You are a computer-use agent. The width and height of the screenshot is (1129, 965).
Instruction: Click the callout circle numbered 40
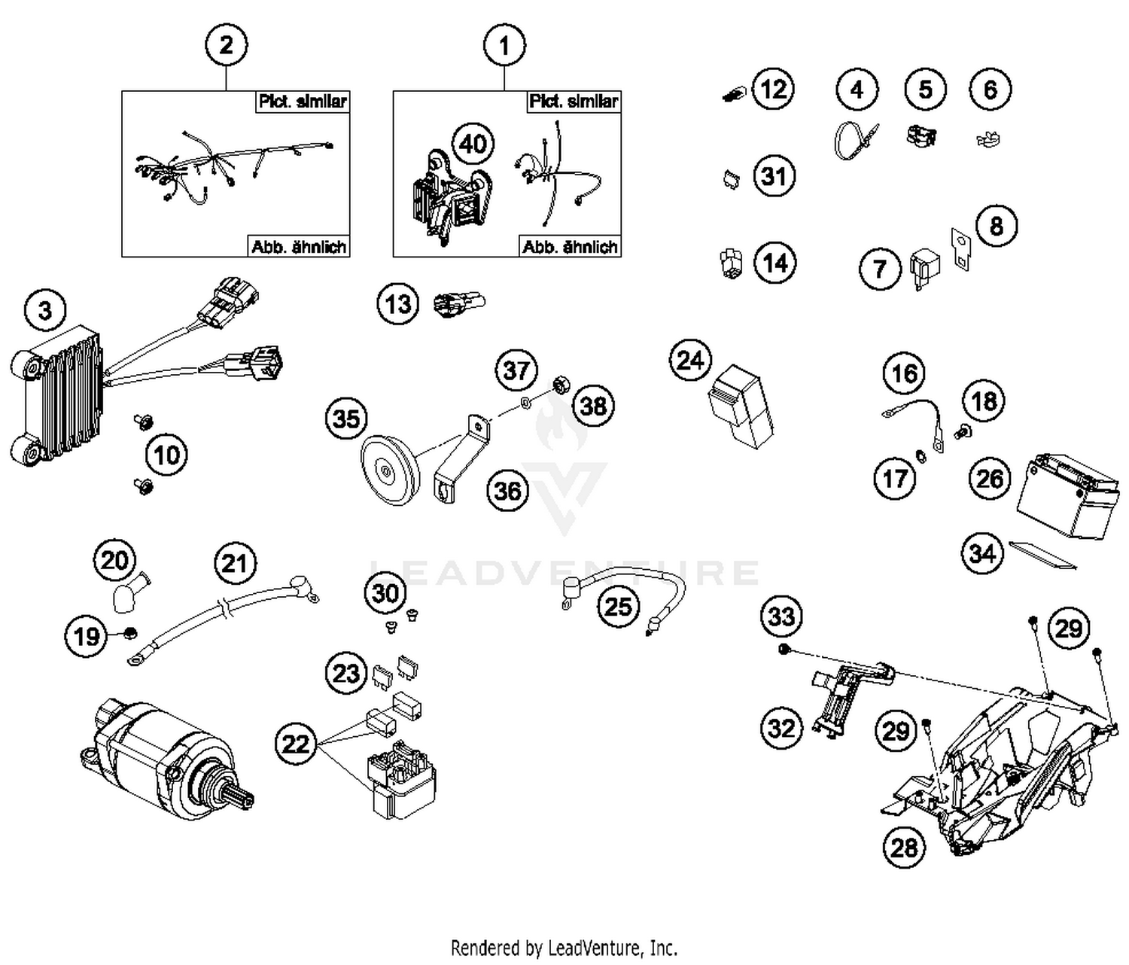(473, 143)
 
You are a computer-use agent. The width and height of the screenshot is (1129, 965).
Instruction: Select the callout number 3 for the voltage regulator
(45, 309)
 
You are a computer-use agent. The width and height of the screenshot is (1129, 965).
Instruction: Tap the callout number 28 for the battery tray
(904, 847)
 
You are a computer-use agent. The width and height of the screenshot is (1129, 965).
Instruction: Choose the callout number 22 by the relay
(296, 744)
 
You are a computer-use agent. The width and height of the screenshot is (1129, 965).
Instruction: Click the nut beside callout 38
(559, 385)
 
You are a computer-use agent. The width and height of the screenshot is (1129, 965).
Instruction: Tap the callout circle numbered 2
(226, 45)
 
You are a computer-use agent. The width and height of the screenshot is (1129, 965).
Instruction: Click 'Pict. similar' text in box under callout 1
(574, 102)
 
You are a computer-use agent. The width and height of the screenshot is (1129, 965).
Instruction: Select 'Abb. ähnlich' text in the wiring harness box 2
(299, 246)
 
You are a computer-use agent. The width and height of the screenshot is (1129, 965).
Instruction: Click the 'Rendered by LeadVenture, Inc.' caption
(564, 946)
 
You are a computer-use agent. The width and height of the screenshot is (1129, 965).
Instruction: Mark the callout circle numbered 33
(781, 616)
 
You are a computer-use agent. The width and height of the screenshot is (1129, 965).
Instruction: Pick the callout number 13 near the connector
(397, 304)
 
